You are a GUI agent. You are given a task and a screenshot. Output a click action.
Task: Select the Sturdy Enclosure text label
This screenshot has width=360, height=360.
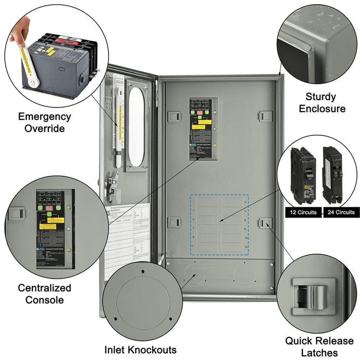point(322,102)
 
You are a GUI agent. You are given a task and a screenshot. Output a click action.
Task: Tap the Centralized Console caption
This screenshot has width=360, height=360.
point(44,294)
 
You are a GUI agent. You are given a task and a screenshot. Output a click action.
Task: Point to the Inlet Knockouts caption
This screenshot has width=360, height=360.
point(140,350)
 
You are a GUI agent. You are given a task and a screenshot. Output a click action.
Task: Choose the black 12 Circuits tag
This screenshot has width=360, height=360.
point(303,212)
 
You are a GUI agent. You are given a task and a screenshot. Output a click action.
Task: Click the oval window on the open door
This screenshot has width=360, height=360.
point(136,127)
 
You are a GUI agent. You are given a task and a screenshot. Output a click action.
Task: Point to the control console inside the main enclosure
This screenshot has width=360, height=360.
point(203,129)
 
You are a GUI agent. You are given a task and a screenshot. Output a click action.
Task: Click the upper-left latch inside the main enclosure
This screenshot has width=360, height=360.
point(174,116)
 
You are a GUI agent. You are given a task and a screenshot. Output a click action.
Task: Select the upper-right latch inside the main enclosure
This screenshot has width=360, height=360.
point(265,116)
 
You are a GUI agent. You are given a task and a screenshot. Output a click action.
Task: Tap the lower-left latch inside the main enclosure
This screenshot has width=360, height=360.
point(174,222)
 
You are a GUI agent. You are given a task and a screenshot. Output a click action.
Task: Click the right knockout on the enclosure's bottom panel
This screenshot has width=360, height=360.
point(244,275)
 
